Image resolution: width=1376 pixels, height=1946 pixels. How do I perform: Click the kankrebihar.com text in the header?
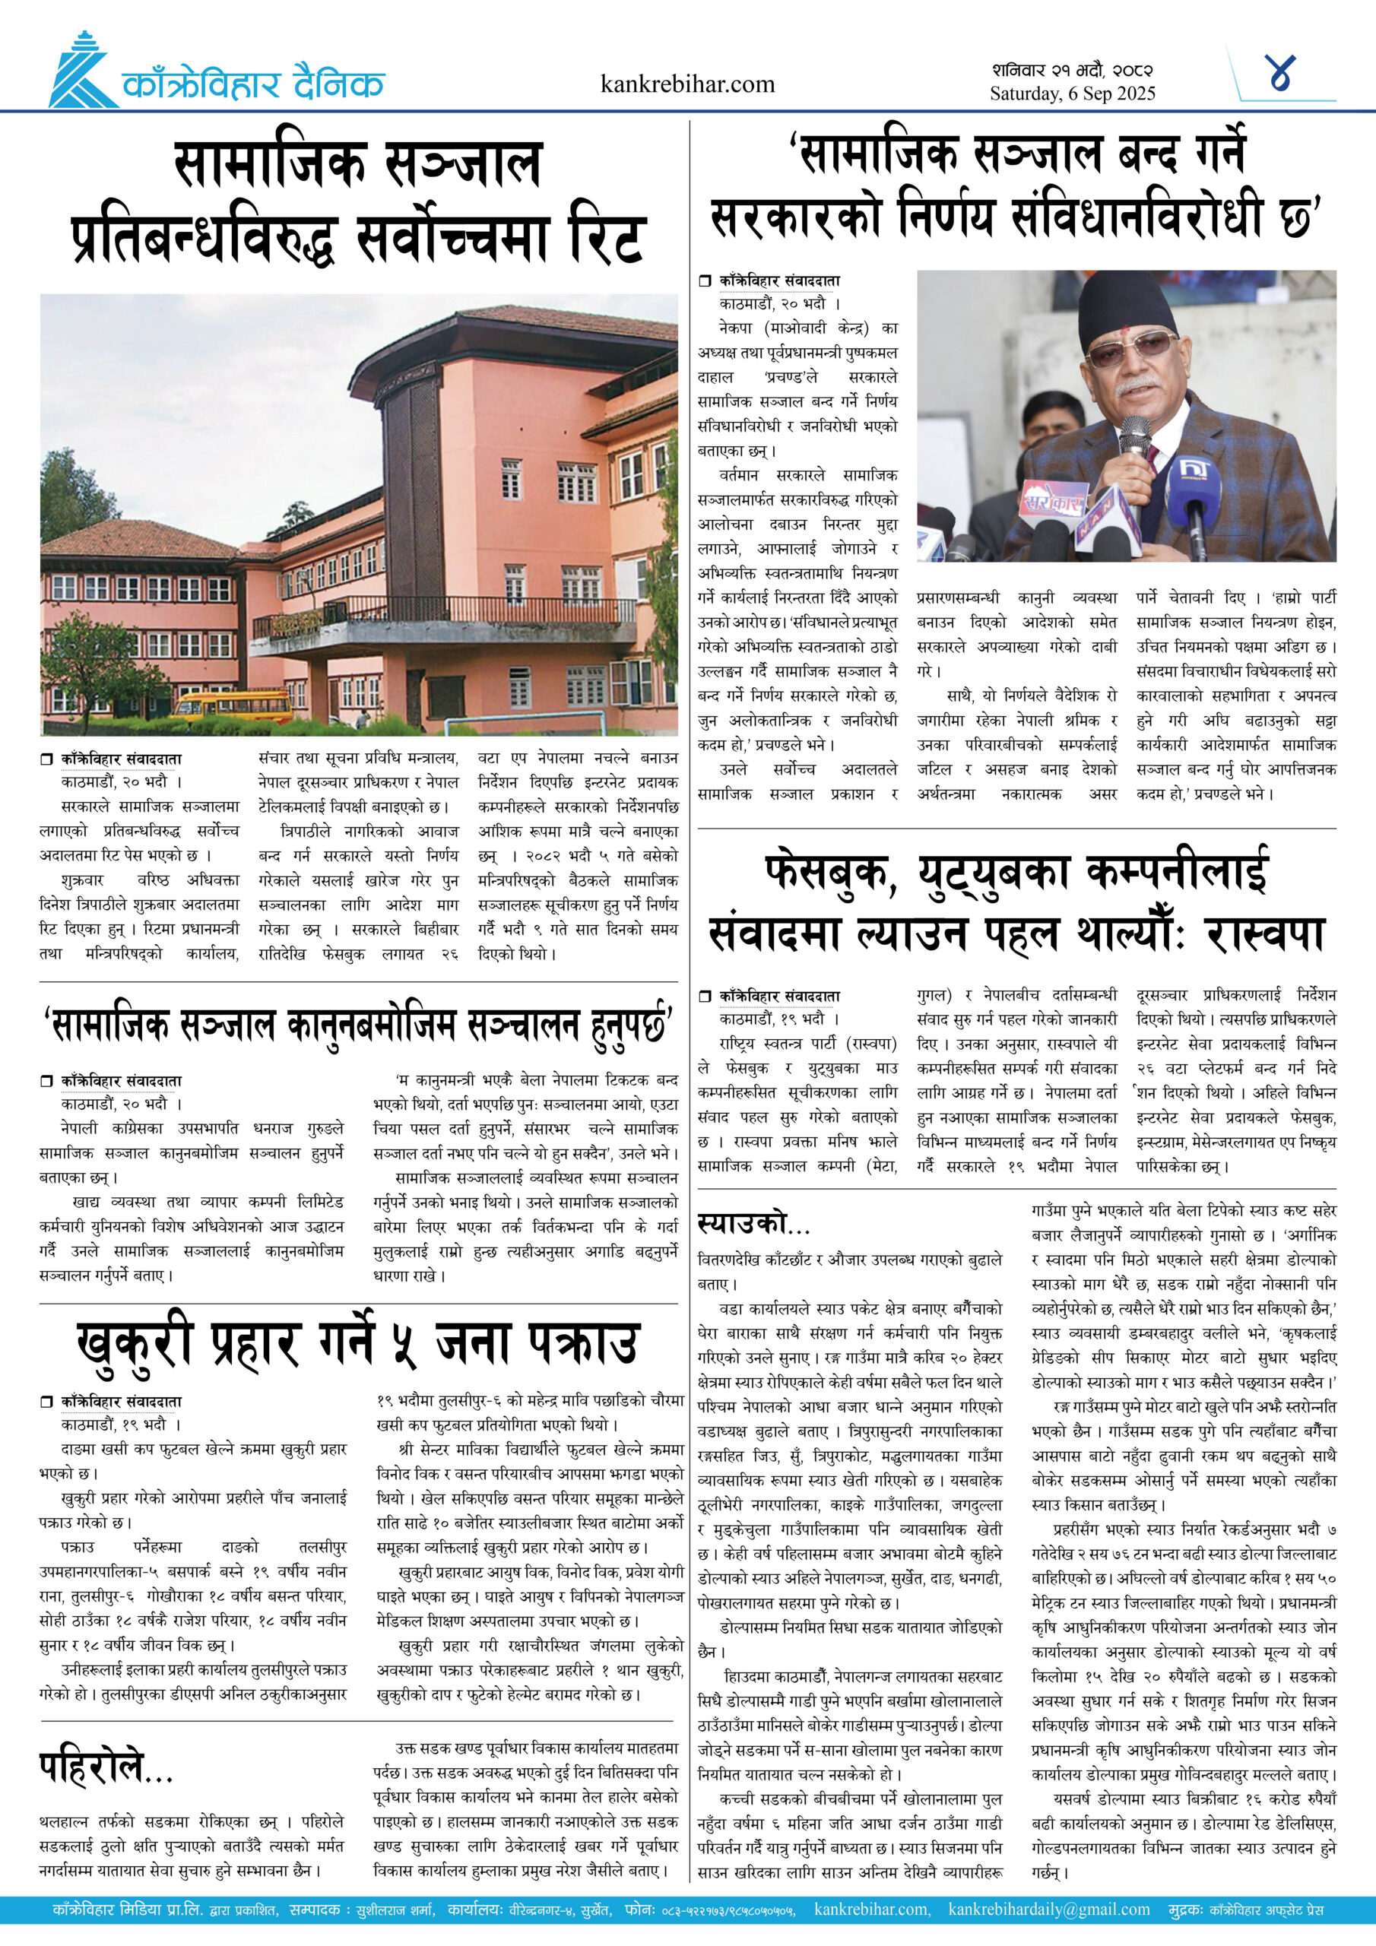(686, 84)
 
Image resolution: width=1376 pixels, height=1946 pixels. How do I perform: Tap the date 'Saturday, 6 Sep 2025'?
(1072, 93)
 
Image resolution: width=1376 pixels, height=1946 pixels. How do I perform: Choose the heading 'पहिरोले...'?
(106, 1768)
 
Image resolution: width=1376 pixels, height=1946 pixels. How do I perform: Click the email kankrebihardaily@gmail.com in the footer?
(1049, 1910)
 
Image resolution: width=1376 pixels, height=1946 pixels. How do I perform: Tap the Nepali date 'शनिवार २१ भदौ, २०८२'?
(1072, 69)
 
